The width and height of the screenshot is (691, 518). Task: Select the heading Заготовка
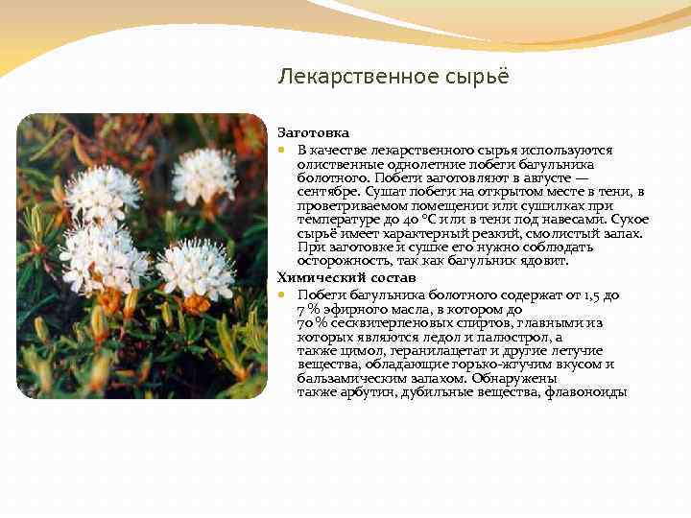click(314, 132)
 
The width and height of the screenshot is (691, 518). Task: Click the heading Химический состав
click(346, 278)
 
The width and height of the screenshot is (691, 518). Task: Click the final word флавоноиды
click(585, 393)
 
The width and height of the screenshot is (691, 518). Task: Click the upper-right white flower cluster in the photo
click(203, 175)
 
